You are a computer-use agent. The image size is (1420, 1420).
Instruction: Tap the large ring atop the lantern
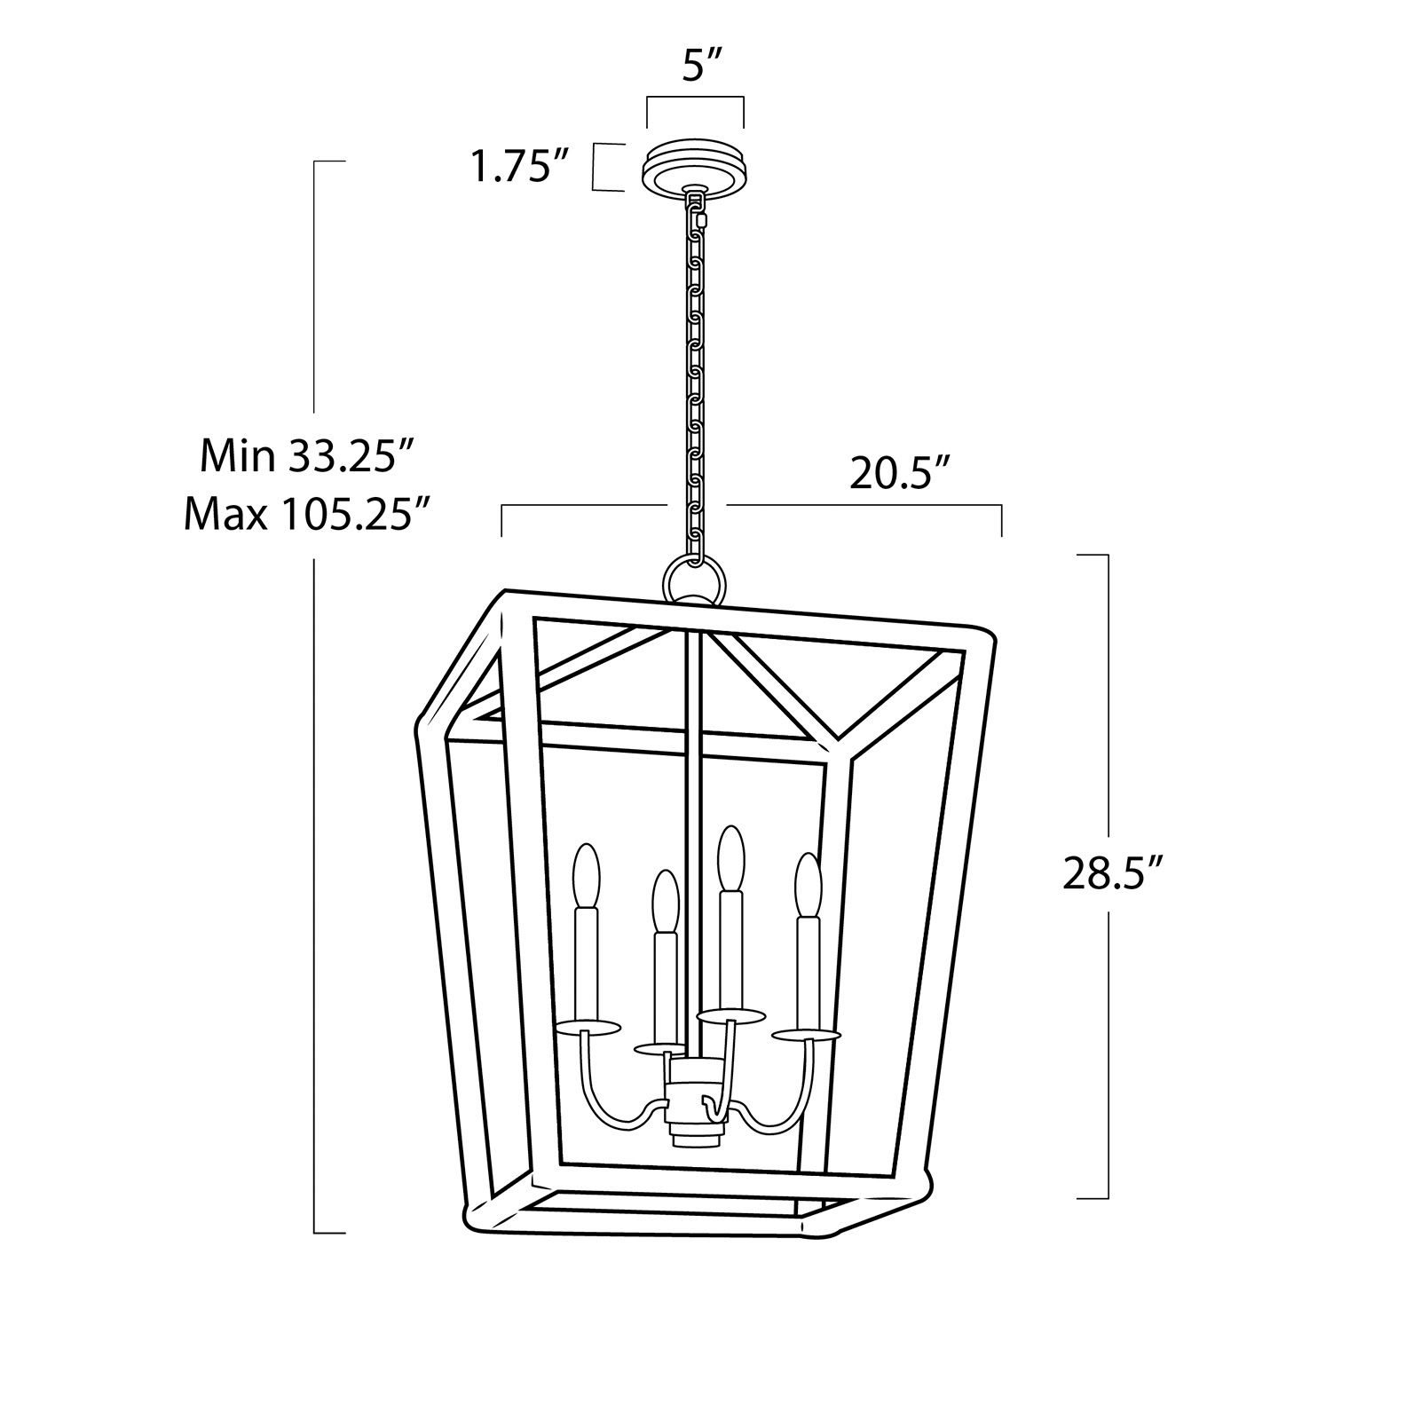(x=694, y=581)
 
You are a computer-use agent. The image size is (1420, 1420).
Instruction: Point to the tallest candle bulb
(x=730, y=859)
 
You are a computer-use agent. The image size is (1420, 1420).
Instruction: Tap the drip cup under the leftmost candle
(x=586, y=1028)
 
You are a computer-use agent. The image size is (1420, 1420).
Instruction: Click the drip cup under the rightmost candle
(x=806, y=1036)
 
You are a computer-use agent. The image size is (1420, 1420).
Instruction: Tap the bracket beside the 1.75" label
(x=601, y=167)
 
